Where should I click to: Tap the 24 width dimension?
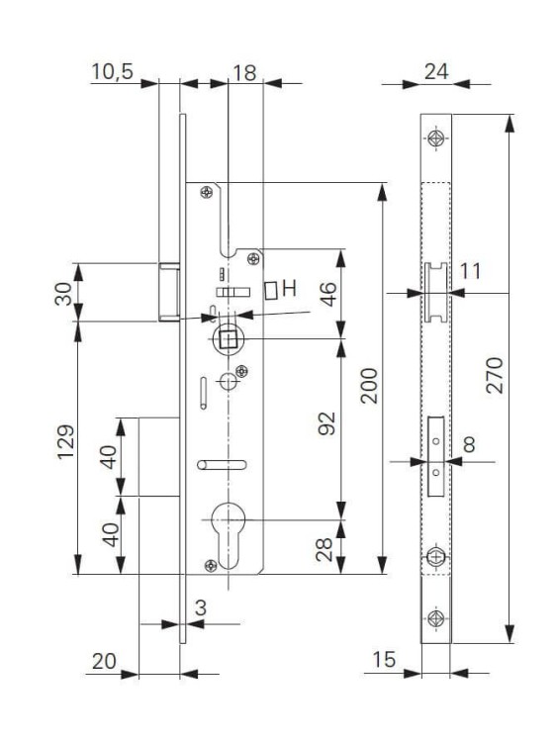436,71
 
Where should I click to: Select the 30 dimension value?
64,294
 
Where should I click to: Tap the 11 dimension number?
470,270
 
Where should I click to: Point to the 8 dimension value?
470,444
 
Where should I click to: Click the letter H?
290,289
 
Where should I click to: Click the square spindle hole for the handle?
227,339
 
